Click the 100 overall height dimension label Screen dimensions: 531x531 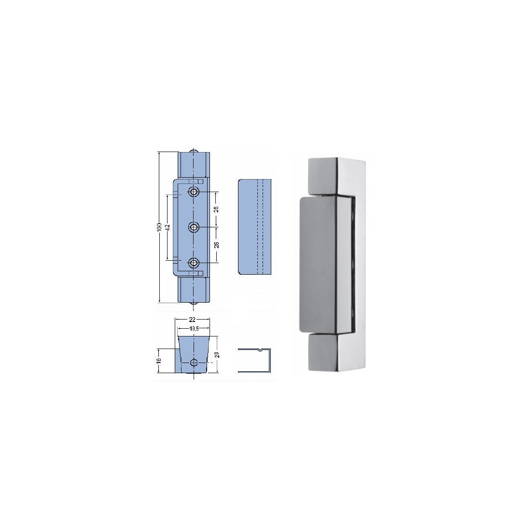pos(160,227)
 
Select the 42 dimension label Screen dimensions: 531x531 pos(167,227)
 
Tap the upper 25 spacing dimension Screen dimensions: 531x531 pos(217,209)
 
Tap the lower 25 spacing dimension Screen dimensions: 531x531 pos(217,245)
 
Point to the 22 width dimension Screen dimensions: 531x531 pos(192,319)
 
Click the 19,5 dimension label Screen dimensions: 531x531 pos(194,329)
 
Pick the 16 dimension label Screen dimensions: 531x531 pos(159,360)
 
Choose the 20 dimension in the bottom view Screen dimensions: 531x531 pos(217,355)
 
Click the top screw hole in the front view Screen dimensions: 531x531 pos(194,192)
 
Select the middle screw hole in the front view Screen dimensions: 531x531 pos(194,227)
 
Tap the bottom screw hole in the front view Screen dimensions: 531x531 pos(194,263)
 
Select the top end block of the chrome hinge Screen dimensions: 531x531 pos(326,176)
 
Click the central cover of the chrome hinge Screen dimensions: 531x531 pos(321,265)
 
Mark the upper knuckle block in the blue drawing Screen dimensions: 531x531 pos(194,165)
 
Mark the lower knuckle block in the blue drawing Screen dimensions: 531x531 pos(194,289)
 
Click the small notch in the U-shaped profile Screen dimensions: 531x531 pos(261,349)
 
